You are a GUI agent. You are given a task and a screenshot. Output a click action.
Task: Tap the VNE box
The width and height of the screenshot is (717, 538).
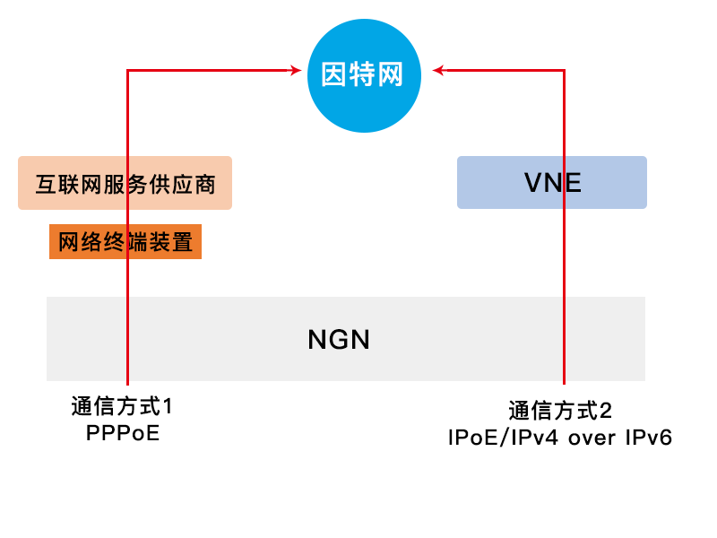pyautogui.click(x=552, y=183)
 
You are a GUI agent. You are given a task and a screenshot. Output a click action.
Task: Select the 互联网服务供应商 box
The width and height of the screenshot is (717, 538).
pyautogui.click(x=125, y=183)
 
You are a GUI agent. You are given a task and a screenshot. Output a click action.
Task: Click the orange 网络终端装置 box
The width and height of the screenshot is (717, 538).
pyautogui.click(x=125, y=242)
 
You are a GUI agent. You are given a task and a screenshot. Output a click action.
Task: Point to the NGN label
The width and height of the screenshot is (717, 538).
pyautogui.click(x=339, y=340)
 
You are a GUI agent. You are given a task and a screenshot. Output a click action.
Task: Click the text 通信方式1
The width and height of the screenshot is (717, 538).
pyautogui.click(x=122, y=407)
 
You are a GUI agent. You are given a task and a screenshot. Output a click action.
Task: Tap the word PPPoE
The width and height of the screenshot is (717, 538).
pyautogui.click(x=122, y=434)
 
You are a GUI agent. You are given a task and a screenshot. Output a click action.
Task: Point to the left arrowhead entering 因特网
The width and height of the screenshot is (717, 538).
pyautogui.click(x=295, y=69)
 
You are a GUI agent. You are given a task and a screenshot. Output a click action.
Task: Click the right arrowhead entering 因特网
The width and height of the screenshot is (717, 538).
pyautogui.click(x=437, y=69)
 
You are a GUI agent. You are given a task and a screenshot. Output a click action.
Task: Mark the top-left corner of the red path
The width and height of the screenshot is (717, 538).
pyautogui.click(x=128, y=69)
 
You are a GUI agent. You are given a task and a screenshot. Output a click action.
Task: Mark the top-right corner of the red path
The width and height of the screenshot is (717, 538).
pyautogui.click(x=564, y=69)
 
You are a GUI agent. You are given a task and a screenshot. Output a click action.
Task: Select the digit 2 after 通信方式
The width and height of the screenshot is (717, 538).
pyautogui.click(x=606, y=412)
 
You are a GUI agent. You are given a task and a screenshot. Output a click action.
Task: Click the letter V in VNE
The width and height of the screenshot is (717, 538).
pyautogui.click(x=533, y=183)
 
